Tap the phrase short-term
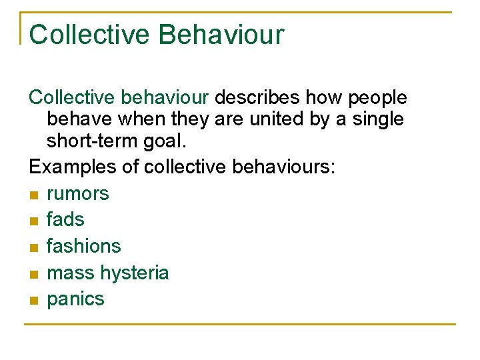point(93,141)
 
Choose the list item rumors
point(78,194)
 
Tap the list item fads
point(65,219)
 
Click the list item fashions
point(84,246)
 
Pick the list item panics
point(76,299)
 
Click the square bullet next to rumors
point(34,195)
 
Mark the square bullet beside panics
point(34,300)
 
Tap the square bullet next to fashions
point(34,247)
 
